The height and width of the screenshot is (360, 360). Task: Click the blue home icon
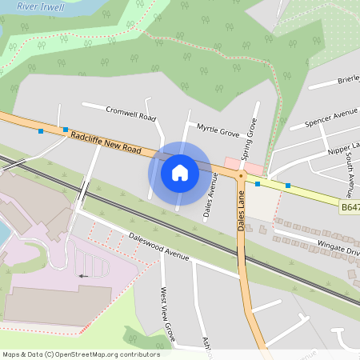180,173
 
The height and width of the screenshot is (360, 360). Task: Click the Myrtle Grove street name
218,130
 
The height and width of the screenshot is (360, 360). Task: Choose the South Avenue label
349,173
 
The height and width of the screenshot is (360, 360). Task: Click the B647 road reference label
350,207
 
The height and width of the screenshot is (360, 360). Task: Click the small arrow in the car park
83,276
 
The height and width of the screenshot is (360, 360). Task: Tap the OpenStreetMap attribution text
80,354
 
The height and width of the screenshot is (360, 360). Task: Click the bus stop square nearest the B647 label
288,186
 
